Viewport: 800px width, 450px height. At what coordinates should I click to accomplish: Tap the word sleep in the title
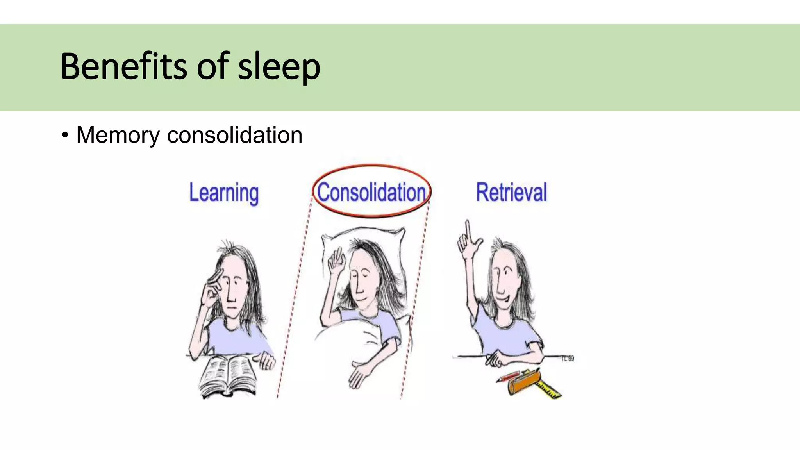[x=279, y=67]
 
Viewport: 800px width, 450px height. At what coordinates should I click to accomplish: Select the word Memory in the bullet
[x=118, y=135]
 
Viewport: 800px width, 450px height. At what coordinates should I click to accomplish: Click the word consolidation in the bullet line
[x=234, y=135]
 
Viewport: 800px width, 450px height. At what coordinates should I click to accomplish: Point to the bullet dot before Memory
[x=65, y=136]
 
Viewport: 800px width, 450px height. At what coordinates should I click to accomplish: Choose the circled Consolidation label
[x=371, y=192]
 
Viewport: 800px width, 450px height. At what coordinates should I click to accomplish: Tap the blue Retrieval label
[x=511, y=192]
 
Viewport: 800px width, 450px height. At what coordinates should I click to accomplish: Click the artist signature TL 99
[x=568, y=358]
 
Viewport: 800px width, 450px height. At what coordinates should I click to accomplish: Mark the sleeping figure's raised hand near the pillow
[x=337, y=262]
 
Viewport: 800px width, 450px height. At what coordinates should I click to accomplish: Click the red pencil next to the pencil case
[x=508, y=377]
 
